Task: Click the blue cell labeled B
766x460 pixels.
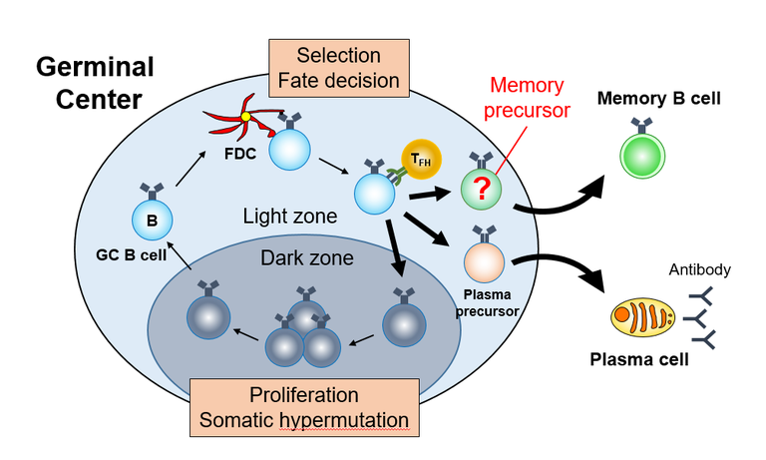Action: [x=152, y=221]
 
